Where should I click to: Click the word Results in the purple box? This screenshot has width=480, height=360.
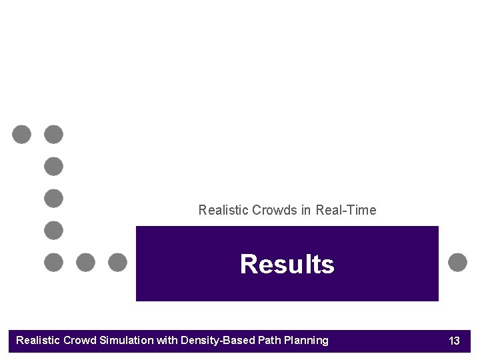click(287, 264)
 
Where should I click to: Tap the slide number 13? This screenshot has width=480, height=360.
click(454, 341)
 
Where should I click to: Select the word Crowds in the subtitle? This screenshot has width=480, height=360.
click(275, 210)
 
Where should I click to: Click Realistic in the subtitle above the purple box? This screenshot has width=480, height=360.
click(224, 210)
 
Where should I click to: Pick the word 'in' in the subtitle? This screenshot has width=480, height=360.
click(306, 210)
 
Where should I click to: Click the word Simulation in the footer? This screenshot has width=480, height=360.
click(127, 341)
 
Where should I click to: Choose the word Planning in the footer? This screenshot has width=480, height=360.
click(306, 341)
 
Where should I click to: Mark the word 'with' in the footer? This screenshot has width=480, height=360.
click(167, 341)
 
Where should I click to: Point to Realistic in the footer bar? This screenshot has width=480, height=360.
click(39, 341)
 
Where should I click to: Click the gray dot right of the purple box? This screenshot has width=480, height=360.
click(457, 262)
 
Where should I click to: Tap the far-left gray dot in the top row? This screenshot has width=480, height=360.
click(21, 135)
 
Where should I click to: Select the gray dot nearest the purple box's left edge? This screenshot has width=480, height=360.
click(117, 262)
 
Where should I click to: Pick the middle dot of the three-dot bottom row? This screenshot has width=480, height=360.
click(85, 262)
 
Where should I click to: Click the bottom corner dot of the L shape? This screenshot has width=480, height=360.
click(53, 262)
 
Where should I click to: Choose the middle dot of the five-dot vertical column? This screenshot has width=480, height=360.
click(53, 199)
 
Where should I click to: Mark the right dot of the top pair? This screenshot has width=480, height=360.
click(53, 135)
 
